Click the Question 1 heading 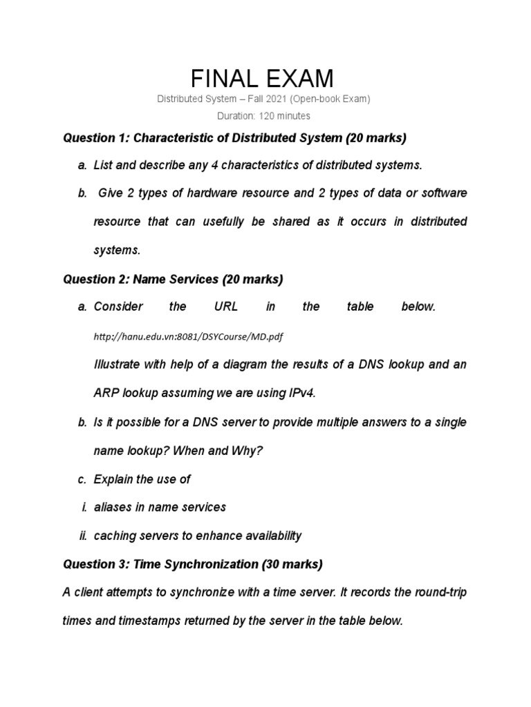click(234, 138)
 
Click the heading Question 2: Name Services click(173, 280)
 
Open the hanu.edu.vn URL click(188, 336)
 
